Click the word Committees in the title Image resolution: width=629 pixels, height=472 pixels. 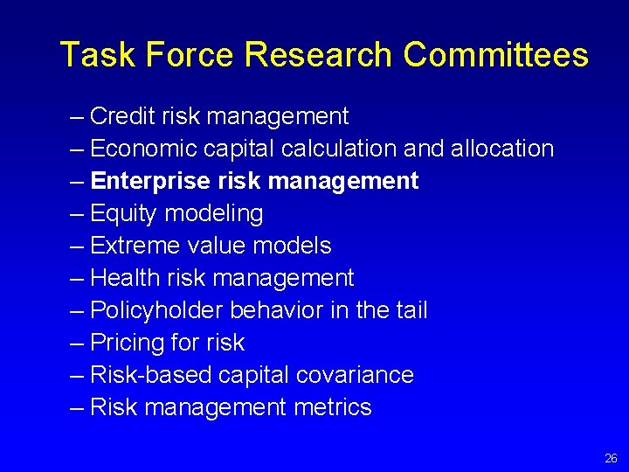[495, 55]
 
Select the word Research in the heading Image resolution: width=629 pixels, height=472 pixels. [318, 55]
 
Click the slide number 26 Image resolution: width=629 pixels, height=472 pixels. [611, 458]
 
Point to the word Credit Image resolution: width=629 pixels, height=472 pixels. [121, 116]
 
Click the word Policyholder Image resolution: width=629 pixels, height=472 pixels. [156, 310]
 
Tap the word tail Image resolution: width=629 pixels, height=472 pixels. [412, 310]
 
